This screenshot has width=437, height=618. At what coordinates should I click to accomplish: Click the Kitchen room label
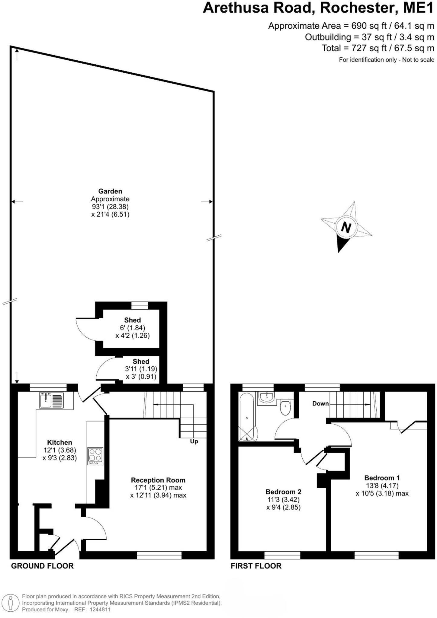tap(59, 442)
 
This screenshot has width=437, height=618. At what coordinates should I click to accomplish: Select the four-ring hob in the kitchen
tap(95, 456)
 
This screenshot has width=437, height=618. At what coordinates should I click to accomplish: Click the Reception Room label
tap(158, 480)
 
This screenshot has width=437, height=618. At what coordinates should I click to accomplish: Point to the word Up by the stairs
tap(194, 441)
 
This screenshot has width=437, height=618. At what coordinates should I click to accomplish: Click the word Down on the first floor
tap(320, 403)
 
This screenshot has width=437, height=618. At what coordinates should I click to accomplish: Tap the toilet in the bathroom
tap(285, 407)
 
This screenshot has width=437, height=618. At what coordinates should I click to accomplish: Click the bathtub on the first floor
tap(247, 417)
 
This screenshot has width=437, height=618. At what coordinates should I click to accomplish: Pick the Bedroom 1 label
tap(382, 478)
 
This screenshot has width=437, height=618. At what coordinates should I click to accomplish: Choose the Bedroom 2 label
tap(283, 492)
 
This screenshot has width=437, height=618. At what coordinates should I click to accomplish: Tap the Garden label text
tap(110, 191)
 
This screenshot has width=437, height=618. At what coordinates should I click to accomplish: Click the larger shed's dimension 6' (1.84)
tap(132, 328)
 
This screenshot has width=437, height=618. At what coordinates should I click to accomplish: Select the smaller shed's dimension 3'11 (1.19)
tap(141, 369)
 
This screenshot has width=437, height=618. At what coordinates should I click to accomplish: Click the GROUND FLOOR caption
tap(42, 566)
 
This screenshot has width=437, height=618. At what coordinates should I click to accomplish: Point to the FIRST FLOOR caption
tap(256, 566)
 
